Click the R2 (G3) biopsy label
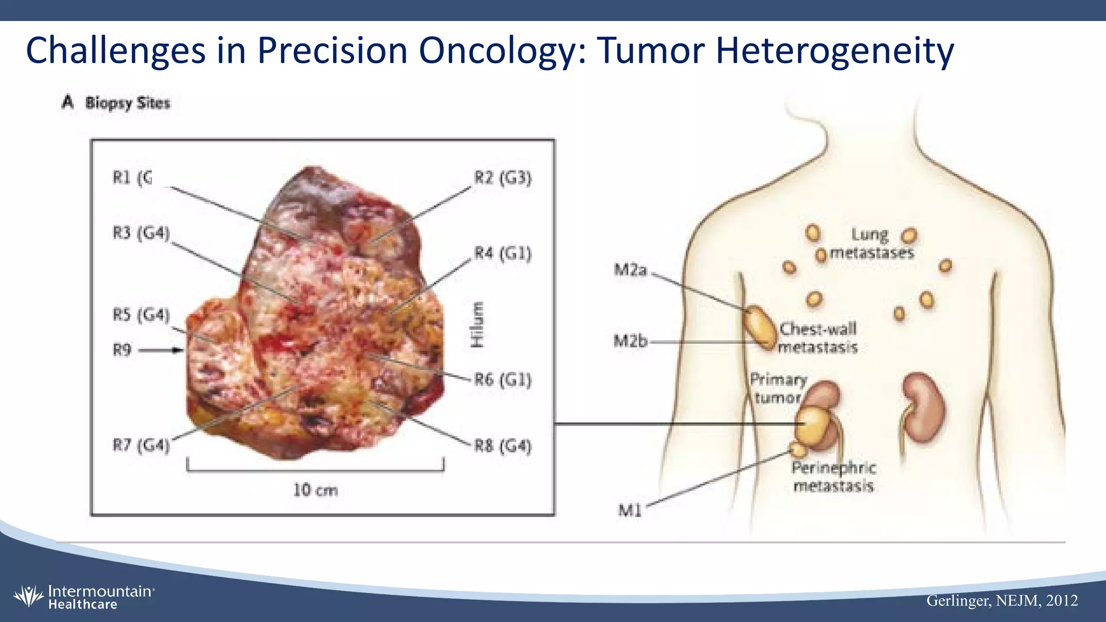pos(503,178)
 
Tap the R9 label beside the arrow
pos(122,350)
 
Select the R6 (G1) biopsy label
pos(503,380)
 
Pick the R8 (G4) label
pos(503,447)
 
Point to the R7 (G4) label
pos(141,445)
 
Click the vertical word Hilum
pos(477,324)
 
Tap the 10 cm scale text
pos(315,490)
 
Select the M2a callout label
pos(630,270)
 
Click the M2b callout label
pos(630,341)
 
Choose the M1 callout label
pos(630,510)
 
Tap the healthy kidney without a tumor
pos(925,407)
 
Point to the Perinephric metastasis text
pos(833,477)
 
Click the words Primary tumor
pos(778,389)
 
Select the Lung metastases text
pos(871,244)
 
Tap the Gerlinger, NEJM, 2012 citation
pos(1002,600)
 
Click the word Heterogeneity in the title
pos(834,50)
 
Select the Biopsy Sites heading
pos(127,103)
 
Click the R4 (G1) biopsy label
pos(503,253)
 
